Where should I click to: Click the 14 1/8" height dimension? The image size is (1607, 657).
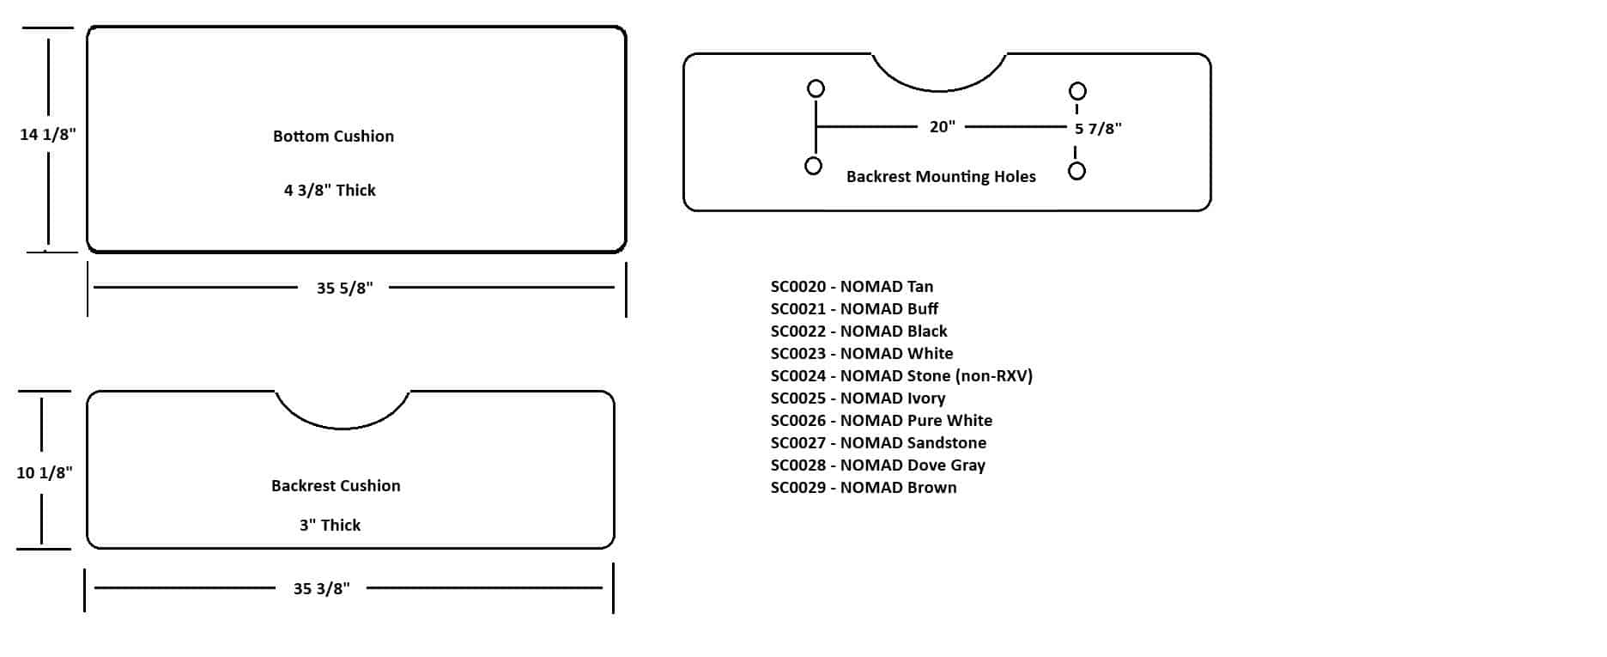pos(48,134)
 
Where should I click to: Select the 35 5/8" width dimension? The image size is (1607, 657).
pos(344,288)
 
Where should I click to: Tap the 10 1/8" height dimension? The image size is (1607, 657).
pos(45,472)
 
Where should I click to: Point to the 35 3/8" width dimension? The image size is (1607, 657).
pos(322,588)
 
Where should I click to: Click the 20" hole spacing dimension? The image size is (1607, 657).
pos(942,127)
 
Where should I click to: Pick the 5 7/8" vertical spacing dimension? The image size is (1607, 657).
pos(1098,129)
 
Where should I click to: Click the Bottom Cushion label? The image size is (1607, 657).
pos(333,137)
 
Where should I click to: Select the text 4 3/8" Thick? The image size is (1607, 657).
pos(330,190)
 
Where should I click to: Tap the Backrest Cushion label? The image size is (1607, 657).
pos(336,485)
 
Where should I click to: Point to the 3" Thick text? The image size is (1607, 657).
pos(330,525)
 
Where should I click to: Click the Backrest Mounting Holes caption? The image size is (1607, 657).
pos(941,176)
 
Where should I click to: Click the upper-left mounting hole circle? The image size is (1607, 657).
pos(816,88)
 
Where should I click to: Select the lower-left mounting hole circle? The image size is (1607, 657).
pos(813,166)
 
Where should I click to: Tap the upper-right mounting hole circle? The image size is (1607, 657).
pos(1077,91)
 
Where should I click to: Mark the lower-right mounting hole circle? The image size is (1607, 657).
pos(1076,171)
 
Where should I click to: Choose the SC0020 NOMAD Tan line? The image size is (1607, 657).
pos(852,287)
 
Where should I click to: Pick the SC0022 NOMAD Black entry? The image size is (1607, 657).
pos(858,332)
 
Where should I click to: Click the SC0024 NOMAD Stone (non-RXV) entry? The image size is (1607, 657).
pos(901,376)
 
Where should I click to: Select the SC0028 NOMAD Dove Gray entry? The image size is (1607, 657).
pos(877,465)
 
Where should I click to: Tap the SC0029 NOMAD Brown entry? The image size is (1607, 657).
pos(863,488)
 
